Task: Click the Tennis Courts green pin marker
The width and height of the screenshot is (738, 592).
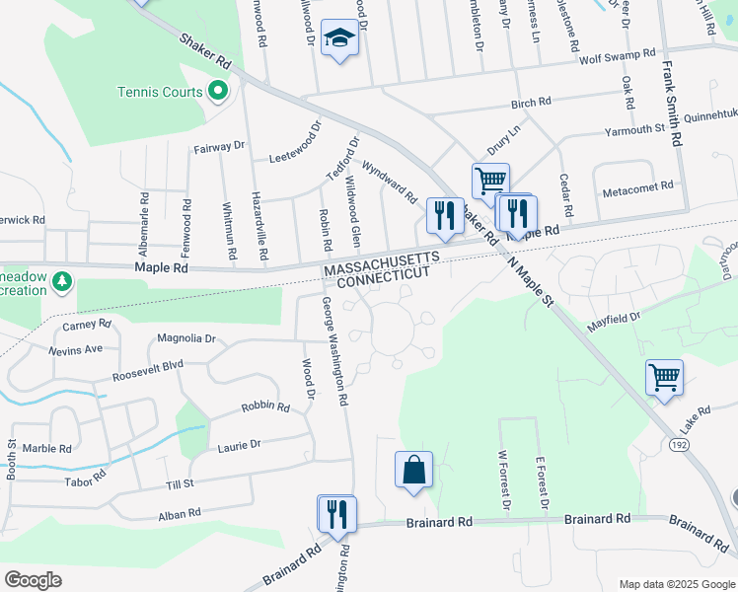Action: pyautogui.click(x=217, y=93)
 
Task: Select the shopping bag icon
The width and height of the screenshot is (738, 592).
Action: pyautogui.click(x=414, y=470)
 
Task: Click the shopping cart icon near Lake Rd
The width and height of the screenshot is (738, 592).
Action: pyautogui.click(x=664, y=376)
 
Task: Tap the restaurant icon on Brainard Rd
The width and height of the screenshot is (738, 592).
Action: pyautogui.click(x=336, y=513)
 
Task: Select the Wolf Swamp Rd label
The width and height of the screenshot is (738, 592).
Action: pyautogui.click(x=617, y=56)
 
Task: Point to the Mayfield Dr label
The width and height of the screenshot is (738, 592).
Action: pyautogui.click(x=615, y=322)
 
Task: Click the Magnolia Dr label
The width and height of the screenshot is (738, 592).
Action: pyautogui.click(x=185, y=338)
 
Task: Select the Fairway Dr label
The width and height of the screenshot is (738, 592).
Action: pyautogui.click(x=219, y=146)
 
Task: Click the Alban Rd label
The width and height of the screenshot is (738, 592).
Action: pyautogui.click(x=180, y=514)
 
